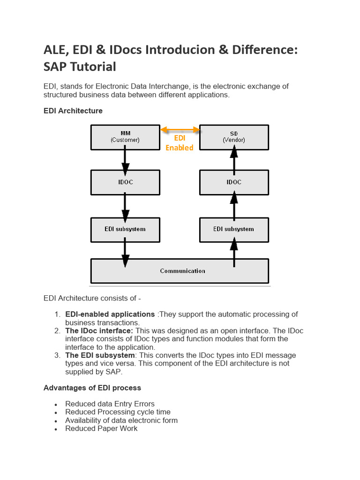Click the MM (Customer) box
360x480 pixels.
125,136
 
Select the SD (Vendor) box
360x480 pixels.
234,136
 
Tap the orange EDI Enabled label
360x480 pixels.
179,143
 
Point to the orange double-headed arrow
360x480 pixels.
180,129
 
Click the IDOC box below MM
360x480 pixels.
125,182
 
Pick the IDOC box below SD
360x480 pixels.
234,182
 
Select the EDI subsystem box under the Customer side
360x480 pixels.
125,229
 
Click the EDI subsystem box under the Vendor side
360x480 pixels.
234,229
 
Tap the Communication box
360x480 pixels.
180,271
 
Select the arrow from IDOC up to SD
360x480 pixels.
234,159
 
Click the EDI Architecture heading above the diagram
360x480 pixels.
73,111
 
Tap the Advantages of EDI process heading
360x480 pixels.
92,388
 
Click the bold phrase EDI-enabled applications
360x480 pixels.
110,314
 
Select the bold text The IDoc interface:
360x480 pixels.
99,330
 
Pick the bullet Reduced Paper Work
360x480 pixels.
101,428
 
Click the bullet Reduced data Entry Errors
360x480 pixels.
110,404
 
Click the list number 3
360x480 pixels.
57,355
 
